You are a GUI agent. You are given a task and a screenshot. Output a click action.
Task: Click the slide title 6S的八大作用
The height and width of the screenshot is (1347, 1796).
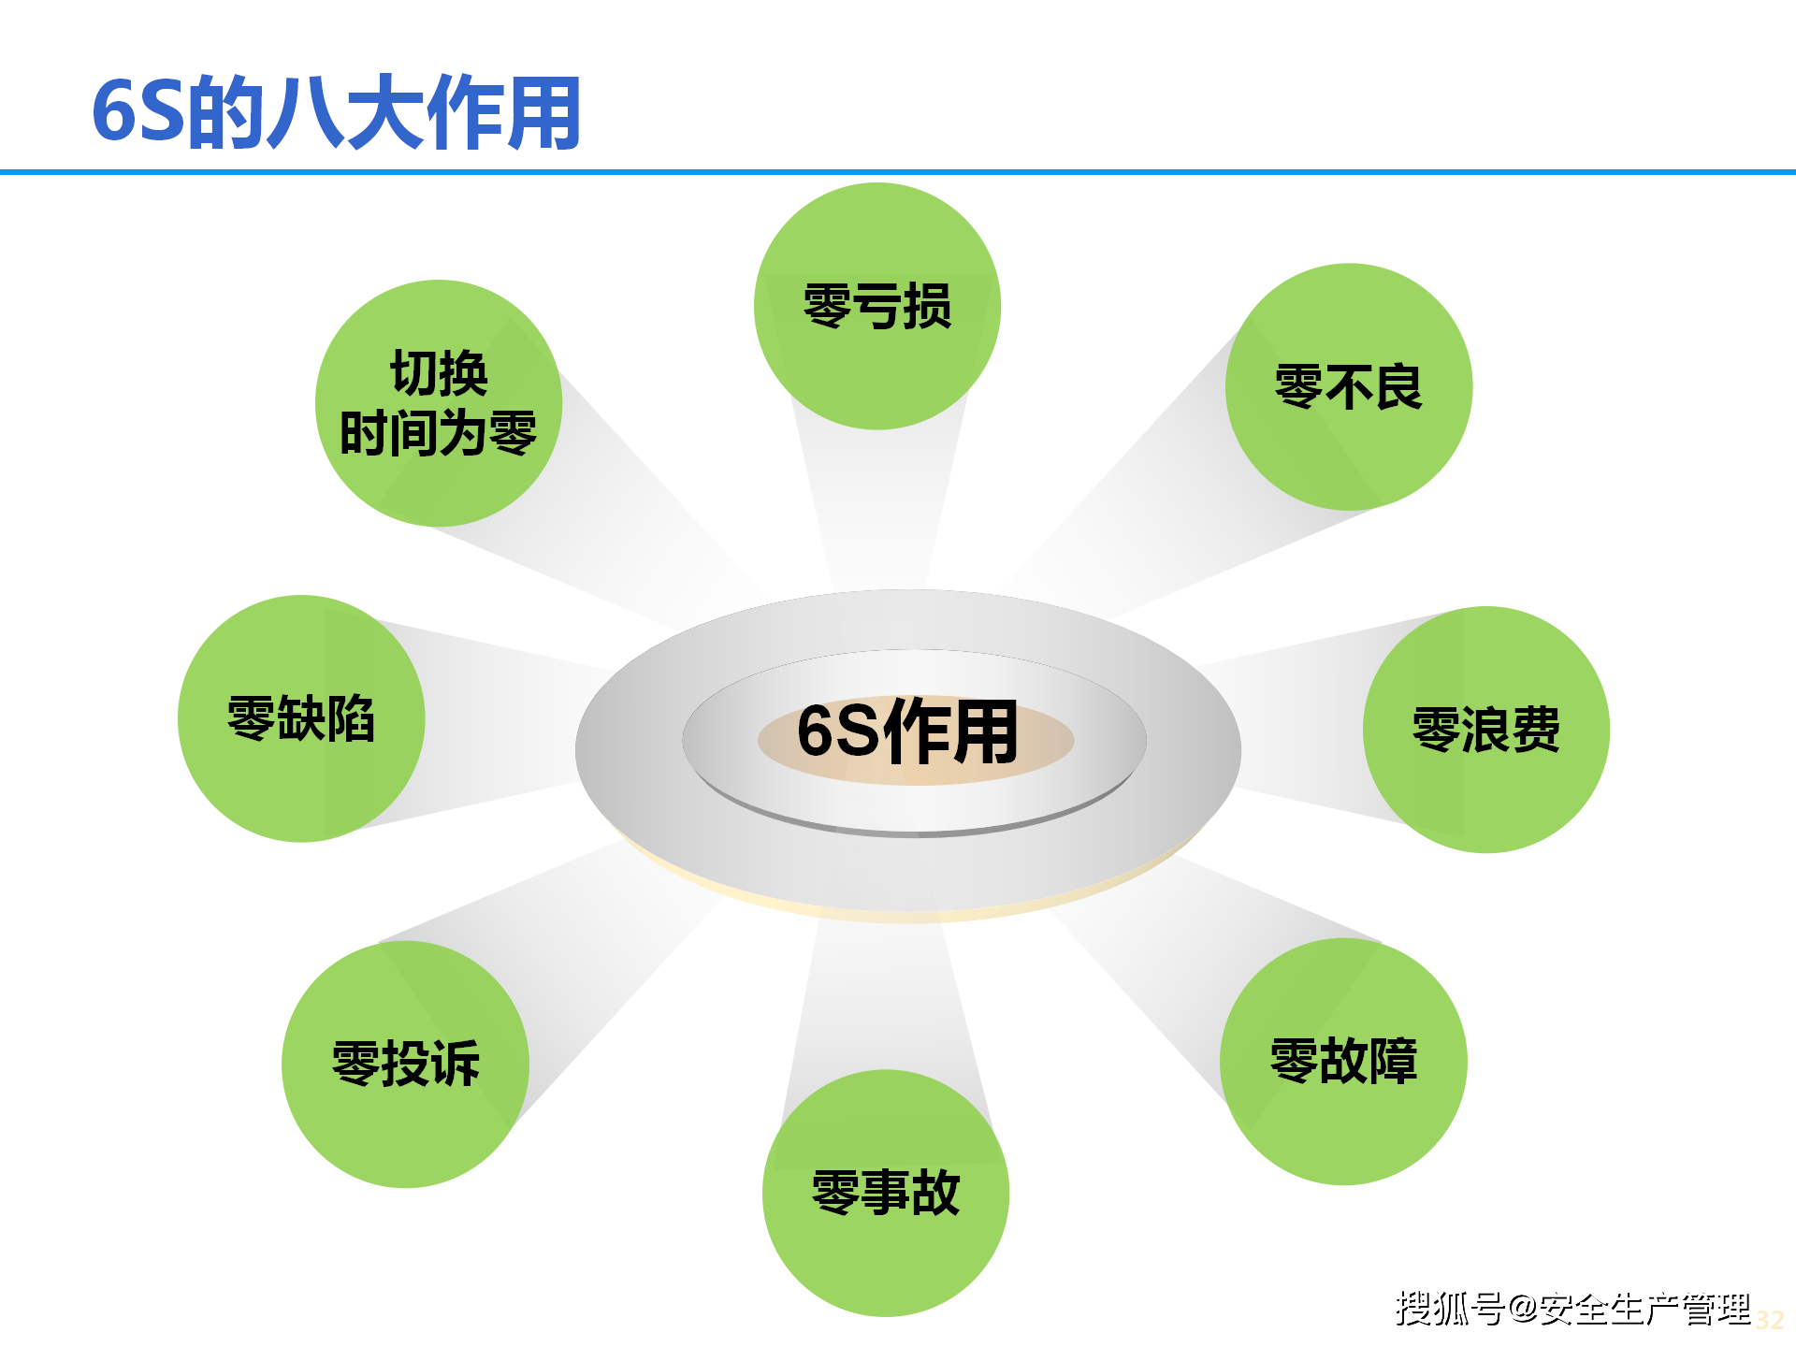pyautogui.click(x=337, y=112)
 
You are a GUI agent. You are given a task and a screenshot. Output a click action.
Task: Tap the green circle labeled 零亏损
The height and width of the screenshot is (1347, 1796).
pyautogui.click(x=876, y=307)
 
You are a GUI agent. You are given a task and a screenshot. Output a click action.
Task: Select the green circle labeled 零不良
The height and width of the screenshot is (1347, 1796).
pyautogui.click(x=1348, y=387)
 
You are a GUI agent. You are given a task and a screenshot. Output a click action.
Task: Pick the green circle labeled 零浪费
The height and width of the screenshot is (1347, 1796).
pyautogui.click(x=1485, y=730)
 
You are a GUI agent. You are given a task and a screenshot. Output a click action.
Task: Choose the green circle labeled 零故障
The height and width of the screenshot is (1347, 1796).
pyautogui.click(x=1343, y=1062)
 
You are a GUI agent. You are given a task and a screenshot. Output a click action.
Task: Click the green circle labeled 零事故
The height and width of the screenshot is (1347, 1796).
pyautogui.click(x=885, y=1194)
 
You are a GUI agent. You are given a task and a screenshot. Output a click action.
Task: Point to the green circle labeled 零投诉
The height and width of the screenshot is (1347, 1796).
pyautogui.click(x=405, y=1065)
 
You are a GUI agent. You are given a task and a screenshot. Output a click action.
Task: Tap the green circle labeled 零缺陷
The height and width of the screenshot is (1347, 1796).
pyautogui.click(x=300, y=718)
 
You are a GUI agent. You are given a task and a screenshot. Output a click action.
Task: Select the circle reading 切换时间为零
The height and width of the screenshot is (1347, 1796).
pyautogui.click(x=438, y=403)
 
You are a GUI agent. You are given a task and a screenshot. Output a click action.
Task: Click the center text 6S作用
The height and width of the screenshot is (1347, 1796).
pyautogui.click(x=907, y=731)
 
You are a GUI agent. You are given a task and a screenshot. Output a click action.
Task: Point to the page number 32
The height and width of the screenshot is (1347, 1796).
pyautogui.click(x=1769, y=1320)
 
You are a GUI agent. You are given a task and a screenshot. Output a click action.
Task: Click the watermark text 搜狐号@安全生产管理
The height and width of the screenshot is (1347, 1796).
pyautogui.click(x=1571, y=1309)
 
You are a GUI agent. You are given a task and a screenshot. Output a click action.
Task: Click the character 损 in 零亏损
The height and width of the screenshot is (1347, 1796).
pyautogui.click(x=927, y=307)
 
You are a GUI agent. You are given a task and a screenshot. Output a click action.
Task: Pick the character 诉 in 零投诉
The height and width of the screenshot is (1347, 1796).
pyautogui.click(x=456, y=1065)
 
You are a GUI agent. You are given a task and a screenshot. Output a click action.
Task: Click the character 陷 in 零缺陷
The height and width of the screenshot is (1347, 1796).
pyautogui.click(x=351, y=718)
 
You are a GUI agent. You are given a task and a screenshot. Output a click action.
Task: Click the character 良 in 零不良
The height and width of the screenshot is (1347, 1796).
pyautogui.click(x=1398, y=387)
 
